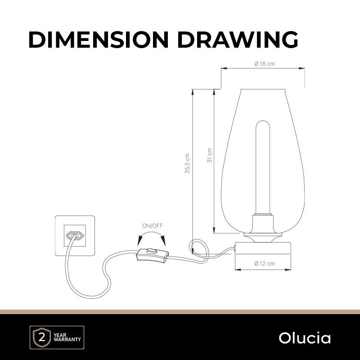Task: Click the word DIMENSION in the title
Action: coord(99,40)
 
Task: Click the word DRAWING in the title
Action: coord(238,40)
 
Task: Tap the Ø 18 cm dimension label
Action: coord(265,64)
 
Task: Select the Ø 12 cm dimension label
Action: coord(265,263)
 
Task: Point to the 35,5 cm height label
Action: coord(188,163)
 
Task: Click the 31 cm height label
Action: coord(209,155)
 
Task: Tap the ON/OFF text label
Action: coord(153,226)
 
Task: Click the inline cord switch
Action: coord(153,256)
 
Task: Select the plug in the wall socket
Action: coord(75,236)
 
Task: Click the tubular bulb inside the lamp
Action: coord(263,167)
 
